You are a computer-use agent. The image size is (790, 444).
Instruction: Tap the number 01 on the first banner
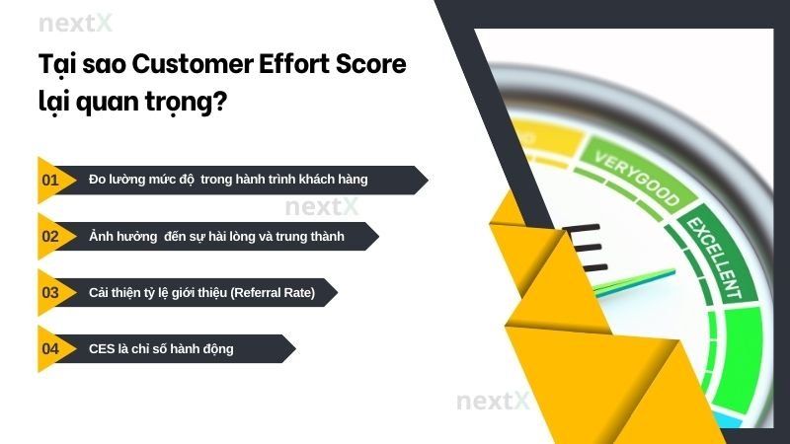(50, 180)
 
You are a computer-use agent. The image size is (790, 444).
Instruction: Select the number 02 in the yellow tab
(50, 236)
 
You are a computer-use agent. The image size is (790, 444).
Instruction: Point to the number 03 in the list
(50, 293)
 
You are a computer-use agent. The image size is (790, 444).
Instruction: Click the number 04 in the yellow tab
(50, 349)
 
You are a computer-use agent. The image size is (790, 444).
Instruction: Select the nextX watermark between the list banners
(321, 207)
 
